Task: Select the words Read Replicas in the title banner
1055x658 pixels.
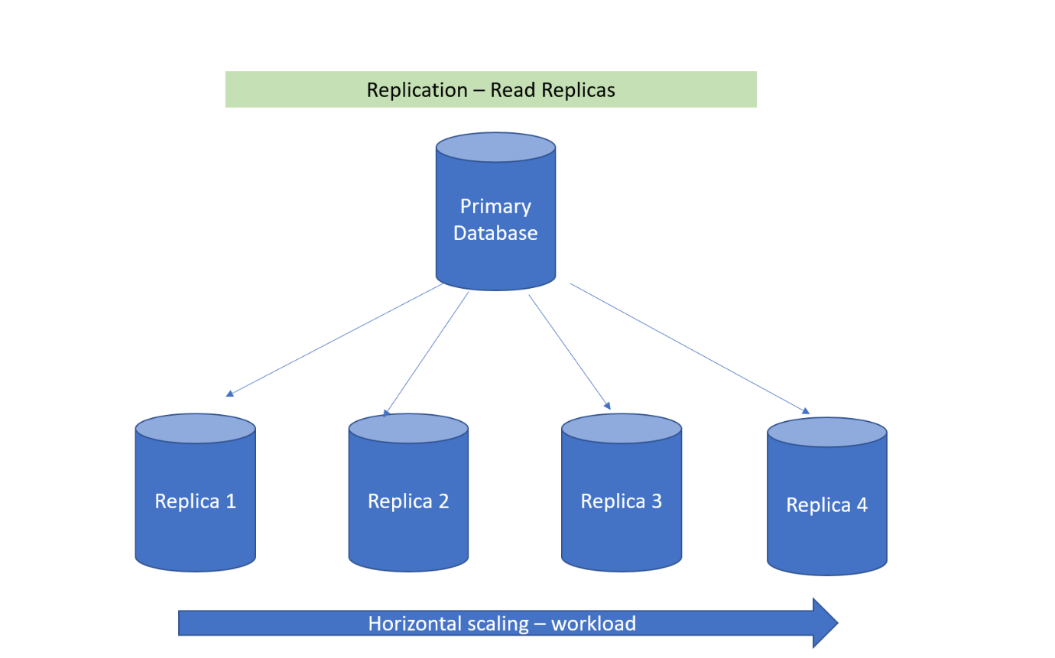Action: coord(552,89)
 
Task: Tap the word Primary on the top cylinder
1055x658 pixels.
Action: coord(495,206)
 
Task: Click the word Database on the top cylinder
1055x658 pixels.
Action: coord(495,233)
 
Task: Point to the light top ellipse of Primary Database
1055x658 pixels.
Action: coord(495,147)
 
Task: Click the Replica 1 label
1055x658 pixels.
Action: coord(195,501)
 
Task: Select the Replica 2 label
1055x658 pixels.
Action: coord(408,501)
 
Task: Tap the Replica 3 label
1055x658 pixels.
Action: coord(621,501)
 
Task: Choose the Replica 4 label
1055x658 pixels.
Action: coord(826,505)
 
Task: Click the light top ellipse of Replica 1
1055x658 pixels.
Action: coord(195,429)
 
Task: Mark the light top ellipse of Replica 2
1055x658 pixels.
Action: coord(408,429)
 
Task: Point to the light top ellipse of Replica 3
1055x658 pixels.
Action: coord(621,429)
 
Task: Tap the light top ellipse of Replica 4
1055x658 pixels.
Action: coord(826,433)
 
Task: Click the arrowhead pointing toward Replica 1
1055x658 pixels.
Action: coord(229,394)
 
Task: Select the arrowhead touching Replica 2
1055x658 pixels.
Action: coord(387,413)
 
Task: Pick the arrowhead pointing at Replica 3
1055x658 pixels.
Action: coord(607,406)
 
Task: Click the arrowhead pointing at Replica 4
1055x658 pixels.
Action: coord(805,410)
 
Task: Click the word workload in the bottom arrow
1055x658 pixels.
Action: coord(593,624)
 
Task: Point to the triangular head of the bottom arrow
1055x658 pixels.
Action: coord(824,623)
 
